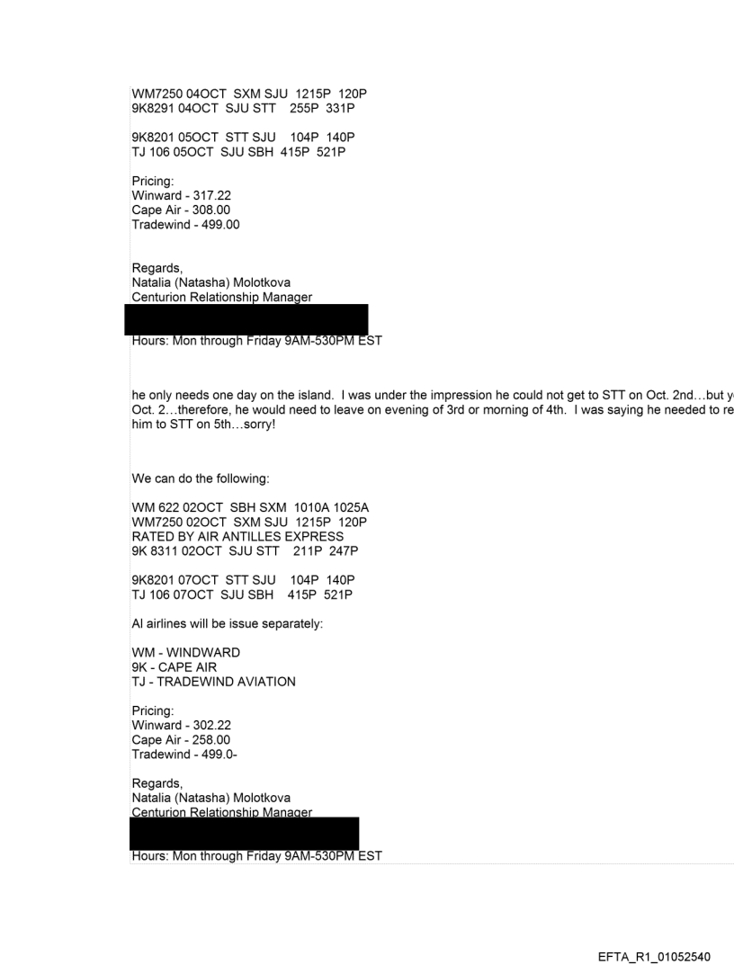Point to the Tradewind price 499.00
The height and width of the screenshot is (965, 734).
click(221, 224)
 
